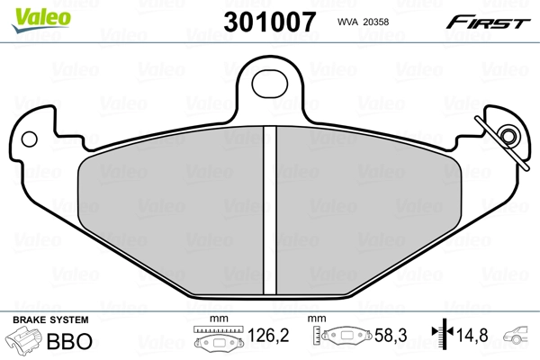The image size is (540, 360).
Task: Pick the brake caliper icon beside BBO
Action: coord(27,342)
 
